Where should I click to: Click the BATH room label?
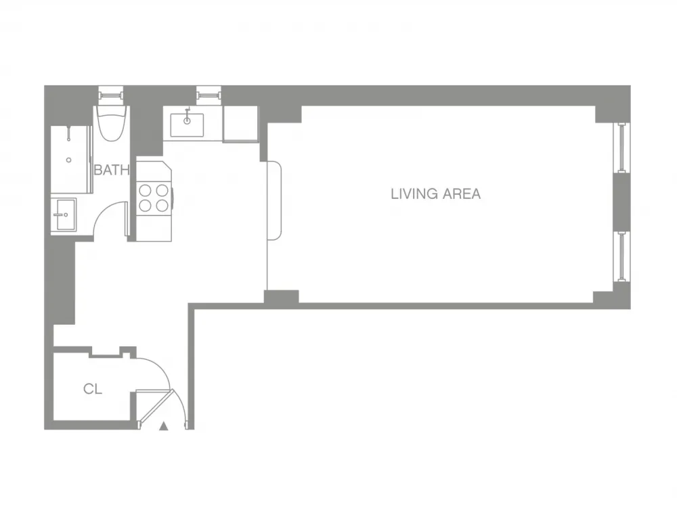click(x=111, y=170)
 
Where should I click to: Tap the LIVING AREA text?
click(x=435, y=194)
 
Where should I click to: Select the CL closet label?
click(x=92, y=389)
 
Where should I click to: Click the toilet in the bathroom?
click(x=110, y=122)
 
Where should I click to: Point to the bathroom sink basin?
click(x=64, y=214)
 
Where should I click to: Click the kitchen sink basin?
click(x=188, y=124)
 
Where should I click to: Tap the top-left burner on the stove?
click(x=145, y=190)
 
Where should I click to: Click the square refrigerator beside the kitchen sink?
click(x=240, y=123)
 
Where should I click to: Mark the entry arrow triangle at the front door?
click(x=164, y=426)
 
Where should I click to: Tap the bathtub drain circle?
click(x=68, y=160)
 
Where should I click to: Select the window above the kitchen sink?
click(x=209, y=93)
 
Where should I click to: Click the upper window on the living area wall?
click(x=621, y=147)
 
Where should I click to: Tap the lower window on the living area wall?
click(x=621, y=256)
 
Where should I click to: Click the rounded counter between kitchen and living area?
click(x=275, y=200)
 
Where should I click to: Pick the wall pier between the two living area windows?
click(x=621, y=202)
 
